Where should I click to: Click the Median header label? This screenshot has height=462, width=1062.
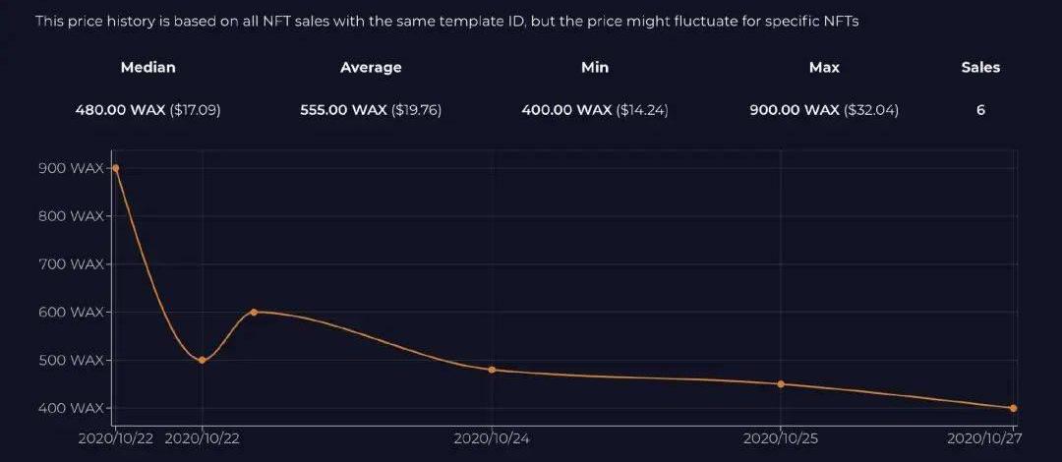147,68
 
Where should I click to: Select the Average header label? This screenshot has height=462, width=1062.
371,68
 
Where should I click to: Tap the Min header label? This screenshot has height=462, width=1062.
595,68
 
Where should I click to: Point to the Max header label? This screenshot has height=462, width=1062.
824,68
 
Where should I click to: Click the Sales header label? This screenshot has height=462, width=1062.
980,68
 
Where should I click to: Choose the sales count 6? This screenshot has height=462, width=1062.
980,110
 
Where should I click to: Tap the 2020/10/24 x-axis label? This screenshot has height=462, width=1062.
492,438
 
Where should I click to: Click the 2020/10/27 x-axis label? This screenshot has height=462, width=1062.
981,438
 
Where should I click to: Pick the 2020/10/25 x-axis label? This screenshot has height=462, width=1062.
781,438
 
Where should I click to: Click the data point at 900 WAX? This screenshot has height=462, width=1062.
116,168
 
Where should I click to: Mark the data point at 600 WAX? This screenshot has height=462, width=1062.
254,312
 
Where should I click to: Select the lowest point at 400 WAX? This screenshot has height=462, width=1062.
1013,408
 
